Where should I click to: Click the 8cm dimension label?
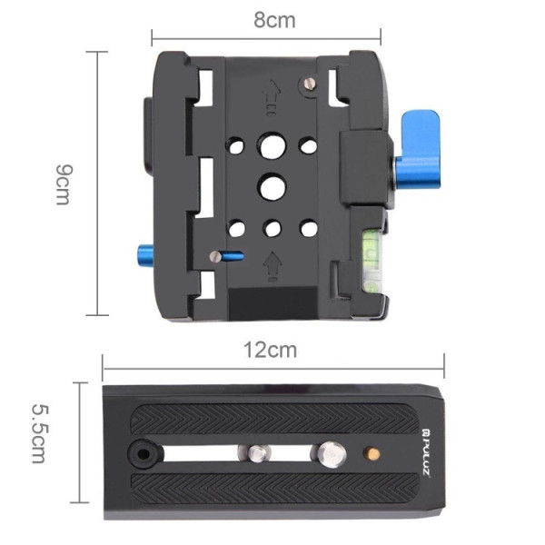click(x=274, y=20)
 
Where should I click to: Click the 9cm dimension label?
click(x=64, y=184)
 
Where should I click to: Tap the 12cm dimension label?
click(x=270, y=350)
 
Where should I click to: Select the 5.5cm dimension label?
click(x=41, y=433)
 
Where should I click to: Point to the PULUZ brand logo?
click(x=426, y=451)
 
